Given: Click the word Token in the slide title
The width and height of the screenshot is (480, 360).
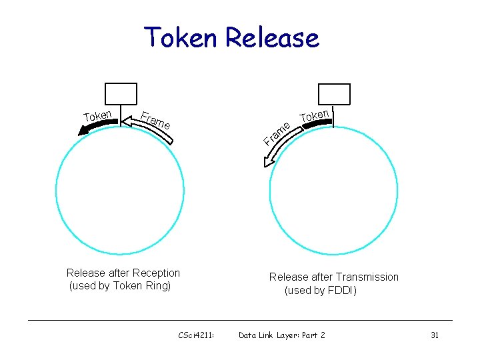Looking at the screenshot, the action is point(182,37).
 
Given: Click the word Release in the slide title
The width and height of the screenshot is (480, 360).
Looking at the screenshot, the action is point(272,37).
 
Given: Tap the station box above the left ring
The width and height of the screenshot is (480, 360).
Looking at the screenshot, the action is point(121,94).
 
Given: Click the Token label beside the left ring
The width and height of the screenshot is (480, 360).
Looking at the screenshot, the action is point(97,115).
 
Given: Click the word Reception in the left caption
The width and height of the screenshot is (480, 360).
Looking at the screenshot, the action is point(156,273).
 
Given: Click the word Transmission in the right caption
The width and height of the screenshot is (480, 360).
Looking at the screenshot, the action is point(367,277).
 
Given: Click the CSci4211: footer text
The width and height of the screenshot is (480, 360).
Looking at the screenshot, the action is point(196,335).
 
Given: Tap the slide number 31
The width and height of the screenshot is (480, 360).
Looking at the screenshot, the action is point(434,335).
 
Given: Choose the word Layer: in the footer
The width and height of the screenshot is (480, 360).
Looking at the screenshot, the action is point(285,335).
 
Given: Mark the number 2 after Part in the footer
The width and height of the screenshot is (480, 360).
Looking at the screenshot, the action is point(323,335).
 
